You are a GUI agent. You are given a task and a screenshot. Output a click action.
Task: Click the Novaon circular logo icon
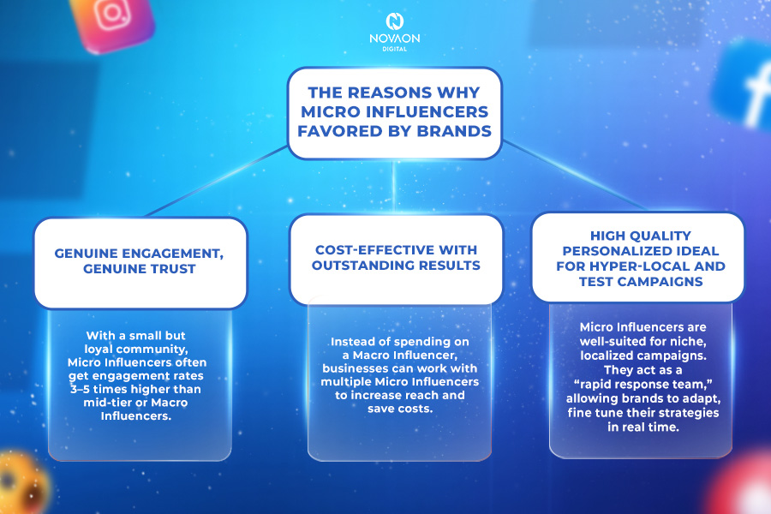pyautogui.click(x=394, y=21)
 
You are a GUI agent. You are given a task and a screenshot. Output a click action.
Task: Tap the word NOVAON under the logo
pyautogui.click(x=394, y=39)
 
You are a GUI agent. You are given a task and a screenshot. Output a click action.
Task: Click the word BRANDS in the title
pyautogui.click(x=454, y=131)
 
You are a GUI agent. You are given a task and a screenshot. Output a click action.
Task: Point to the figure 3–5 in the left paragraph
pyautogui.click(x=81, y=389)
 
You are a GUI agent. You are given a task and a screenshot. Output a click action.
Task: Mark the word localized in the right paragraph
pyautogui.click(x=607, y=356)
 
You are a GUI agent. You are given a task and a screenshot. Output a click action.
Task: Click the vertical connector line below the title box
pyautogui.click(x=393, y=187)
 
